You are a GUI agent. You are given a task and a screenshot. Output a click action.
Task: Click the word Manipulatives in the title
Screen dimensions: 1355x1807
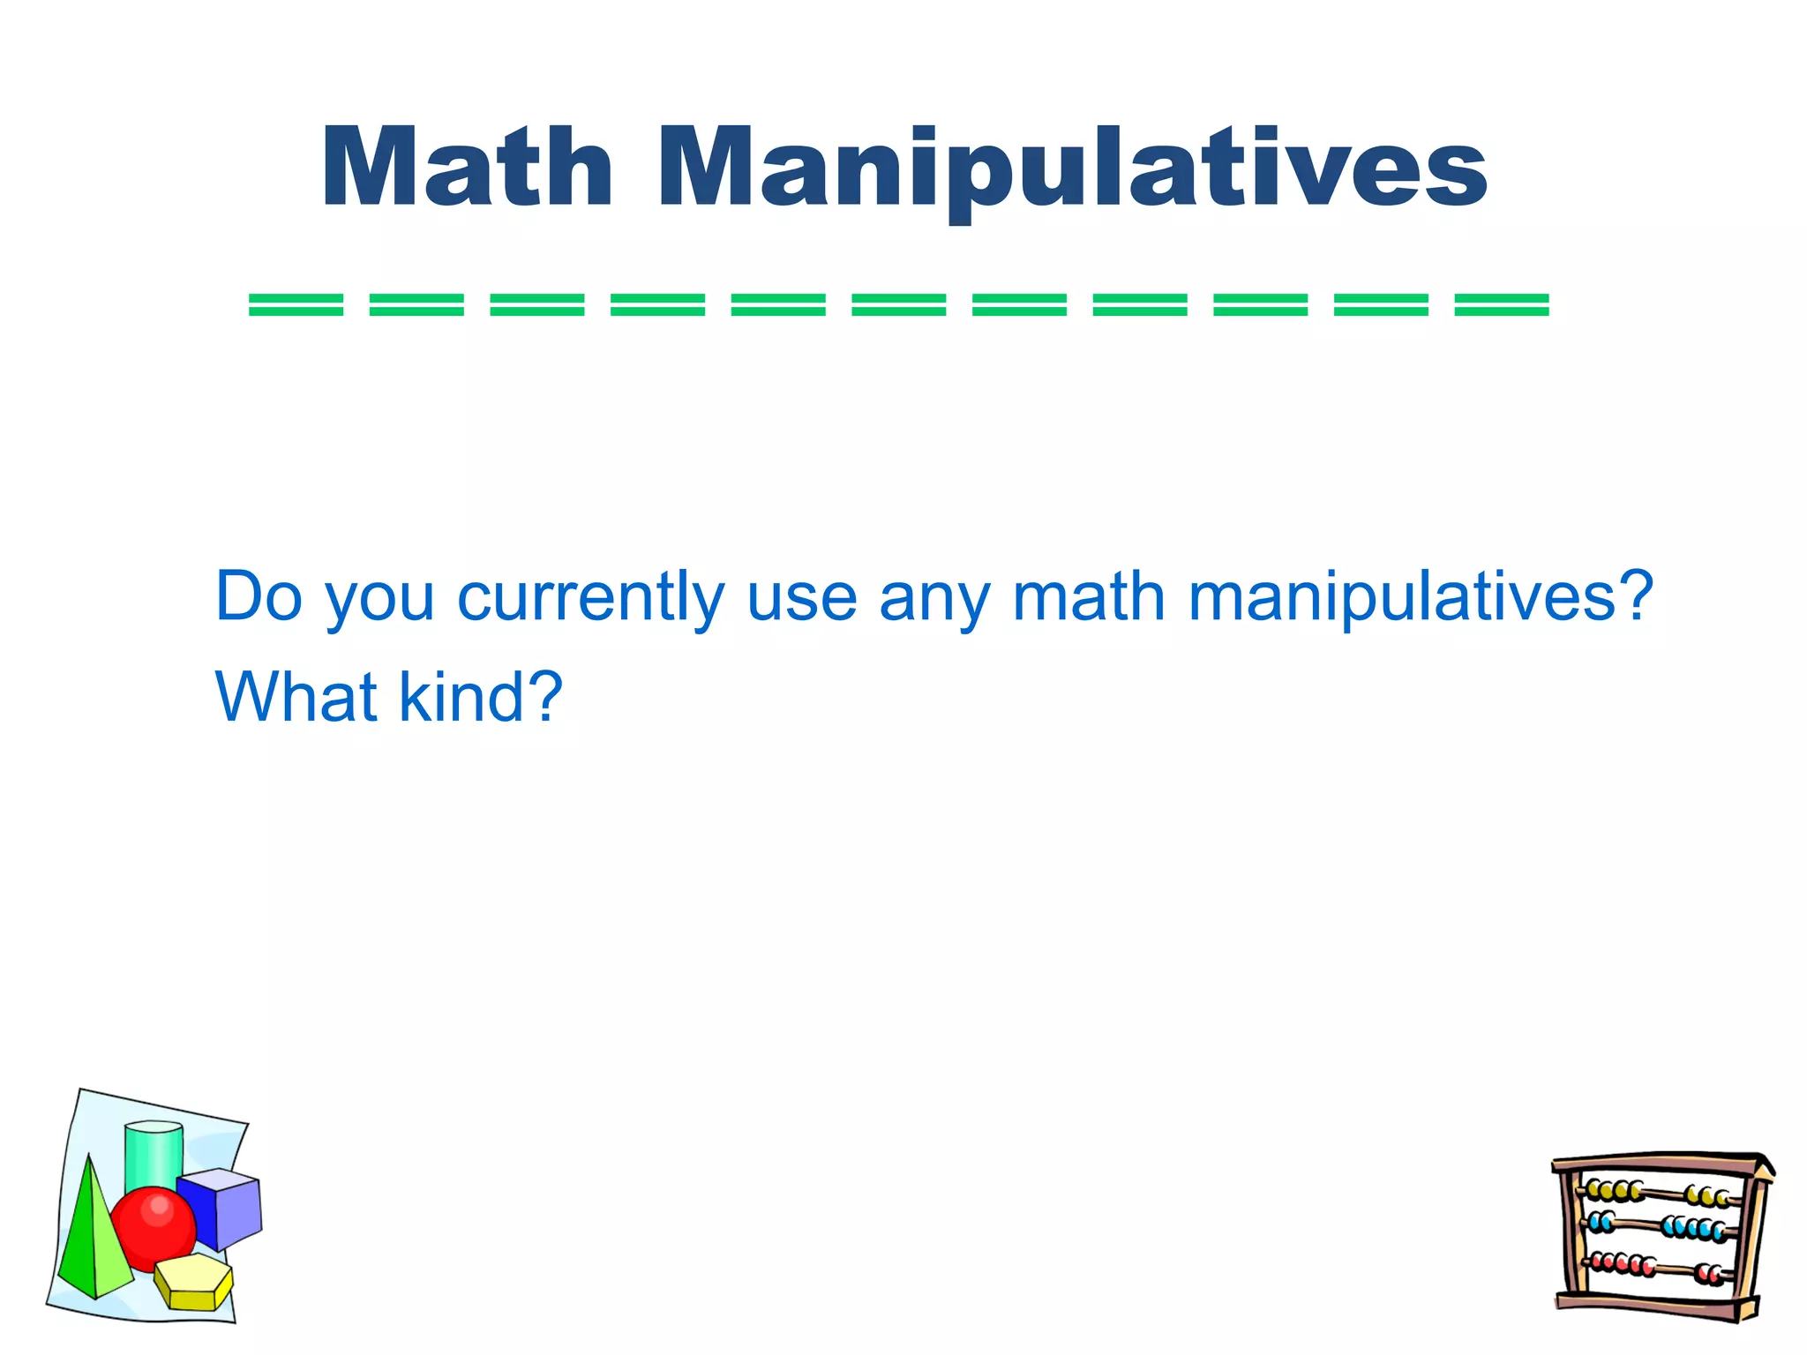point(1072,169)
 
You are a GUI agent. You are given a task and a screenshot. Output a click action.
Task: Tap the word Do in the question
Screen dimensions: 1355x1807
point(259,597)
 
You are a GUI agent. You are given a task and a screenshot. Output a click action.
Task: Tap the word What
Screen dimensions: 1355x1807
point(296,698)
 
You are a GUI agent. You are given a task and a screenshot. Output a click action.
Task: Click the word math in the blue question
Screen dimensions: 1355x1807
point(1089,597)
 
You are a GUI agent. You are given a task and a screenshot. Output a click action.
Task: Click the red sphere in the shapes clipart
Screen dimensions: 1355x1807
point(155,1227)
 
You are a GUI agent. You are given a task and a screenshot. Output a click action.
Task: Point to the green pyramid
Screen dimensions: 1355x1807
point(88,1244)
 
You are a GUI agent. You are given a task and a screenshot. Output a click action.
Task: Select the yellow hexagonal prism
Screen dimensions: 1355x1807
point(193,1283)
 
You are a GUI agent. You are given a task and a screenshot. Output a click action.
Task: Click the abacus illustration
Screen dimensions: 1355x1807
point(1662,1235)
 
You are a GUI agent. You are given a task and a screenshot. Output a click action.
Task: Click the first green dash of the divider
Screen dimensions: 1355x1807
point(296,305)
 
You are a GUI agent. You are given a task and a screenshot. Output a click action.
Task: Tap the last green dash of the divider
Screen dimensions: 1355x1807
point(1502,305)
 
